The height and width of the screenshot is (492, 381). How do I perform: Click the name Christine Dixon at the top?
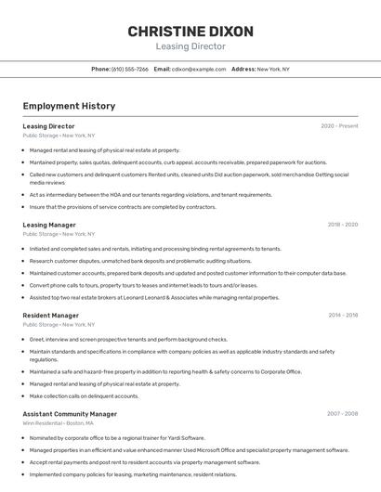coord(190,31)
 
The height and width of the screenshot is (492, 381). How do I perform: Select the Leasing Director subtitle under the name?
coord(190,46)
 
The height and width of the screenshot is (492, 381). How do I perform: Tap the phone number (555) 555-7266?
coord(129,69)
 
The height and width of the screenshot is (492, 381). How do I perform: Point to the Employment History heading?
coord(69,106)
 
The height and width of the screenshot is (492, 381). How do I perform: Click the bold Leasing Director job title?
coord(48,125)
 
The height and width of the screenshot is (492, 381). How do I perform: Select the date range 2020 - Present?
coord(339,125)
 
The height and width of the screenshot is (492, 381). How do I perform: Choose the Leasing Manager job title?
coord(49,225)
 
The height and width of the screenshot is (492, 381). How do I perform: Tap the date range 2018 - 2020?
coord(342,225)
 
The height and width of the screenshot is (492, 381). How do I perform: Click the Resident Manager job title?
coord(50,316)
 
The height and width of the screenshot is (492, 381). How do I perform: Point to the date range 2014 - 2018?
coord(342,316)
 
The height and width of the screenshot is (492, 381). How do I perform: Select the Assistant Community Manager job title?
coord(70,414)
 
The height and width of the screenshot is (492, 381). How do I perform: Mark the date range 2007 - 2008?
coord(342,414)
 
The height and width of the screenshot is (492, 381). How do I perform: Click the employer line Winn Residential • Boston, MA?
coord(59,423)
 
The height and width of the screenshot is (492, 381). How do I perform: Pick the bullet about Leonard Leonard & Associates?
coord(154,298)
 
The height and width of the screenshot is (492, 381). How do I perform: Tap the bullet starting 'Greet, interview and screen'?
coord(128,339)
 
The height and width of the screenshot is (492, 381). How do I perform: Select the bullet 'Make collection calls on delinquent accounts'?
coord(84,395)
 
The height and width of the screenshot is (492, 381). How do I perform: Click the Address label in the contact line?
coord(243,69)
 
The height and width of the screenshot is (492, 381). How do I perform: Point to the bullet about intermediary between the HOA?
coord(151,195)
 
